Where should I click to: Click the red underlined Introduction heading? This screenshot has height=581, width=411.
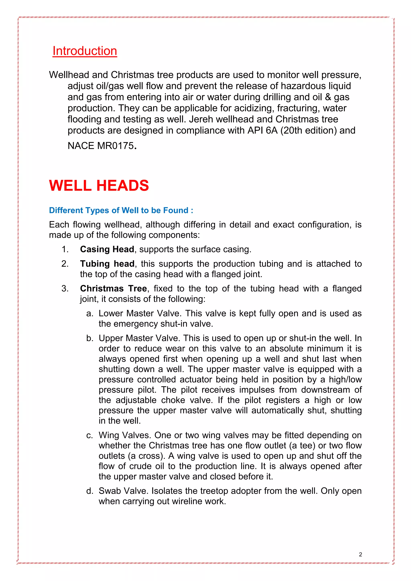coord(85,51)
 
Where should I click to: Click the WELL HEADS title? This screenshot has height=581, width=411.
coord(99,186)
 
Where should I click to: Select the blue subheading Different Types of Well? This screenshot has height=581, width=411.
coord(121,210)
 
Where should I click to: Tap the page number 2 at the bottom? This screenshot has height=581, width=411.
coord(360,555)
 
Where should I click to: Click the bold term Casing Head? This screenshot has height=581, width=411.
coord(107,249)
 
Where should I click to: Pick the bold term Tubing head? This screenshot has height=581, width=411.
coord(107,264)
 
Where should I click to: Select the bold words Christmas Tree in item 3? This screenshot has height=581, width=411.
coord(113,288)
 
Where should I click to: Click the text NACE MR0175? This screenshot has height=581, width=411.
coord(101,146)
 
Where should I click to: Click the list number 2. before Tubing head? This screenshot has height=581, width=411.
coord(65,264)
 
